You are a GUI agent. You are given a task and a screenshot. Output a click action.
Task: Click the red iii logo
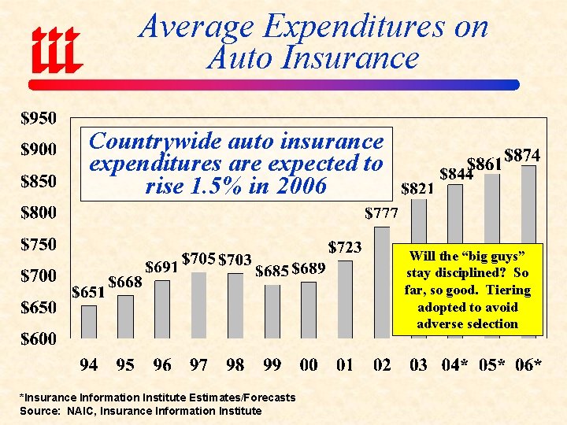[x=56, y=47]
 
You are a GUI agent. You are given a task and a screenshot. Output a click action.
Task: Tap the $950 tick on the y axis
[x=38, y=120]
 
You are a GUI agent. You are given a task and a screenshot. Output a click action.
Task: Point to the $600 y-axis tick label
[x=38, y=340]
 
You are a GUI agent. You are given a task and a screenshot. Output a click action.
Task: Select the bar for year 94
[x=90, y=322]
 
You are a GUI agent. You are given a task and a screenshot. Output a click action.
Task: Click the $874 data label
[x=521, y=156]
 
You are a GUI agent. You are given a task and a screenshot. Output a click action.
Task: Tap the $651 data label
[x=88, y=292]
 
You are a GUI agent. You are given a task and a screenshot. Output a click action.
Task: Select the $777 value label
[x=381, y=213]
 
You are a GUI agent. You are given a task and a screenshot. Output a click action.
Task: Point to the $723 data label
[x=345, y=248]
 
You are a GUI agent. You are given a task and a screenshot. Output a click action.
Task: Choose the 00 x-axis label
[x=308, y=365]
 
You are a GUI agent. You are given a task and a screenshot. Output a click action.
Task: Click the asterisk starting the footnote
[x=22, y=397]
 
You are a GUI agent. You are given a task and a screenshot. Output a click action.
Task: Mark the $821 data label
[x=417, y=189]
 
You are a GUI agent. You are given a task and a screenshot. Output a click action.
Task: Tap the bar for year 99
[x=272, y=312]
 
